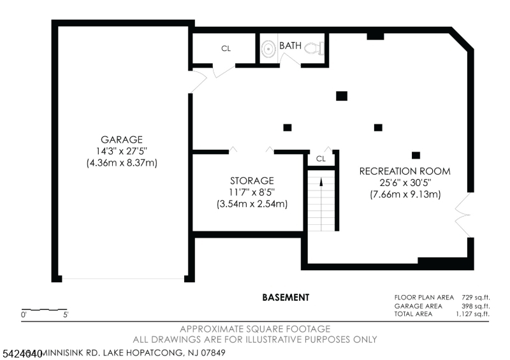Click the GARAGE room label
[121, 140]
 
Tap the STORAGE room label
[252, 181]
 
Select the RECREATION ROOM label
[405, 171]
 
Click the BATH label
[290, 46]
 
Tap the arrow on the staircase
[321, 182]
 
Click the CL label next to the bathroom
[226, 48]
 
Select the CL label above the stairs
[321, 159]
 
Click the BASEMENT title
[286, 298]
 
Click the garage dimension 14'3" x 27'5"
[121, 151]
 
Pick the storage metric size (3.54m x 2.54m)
[252, 204]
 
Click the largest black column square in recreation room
[342, 96]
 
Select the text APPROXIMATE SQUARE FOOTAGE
[254, 329]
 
